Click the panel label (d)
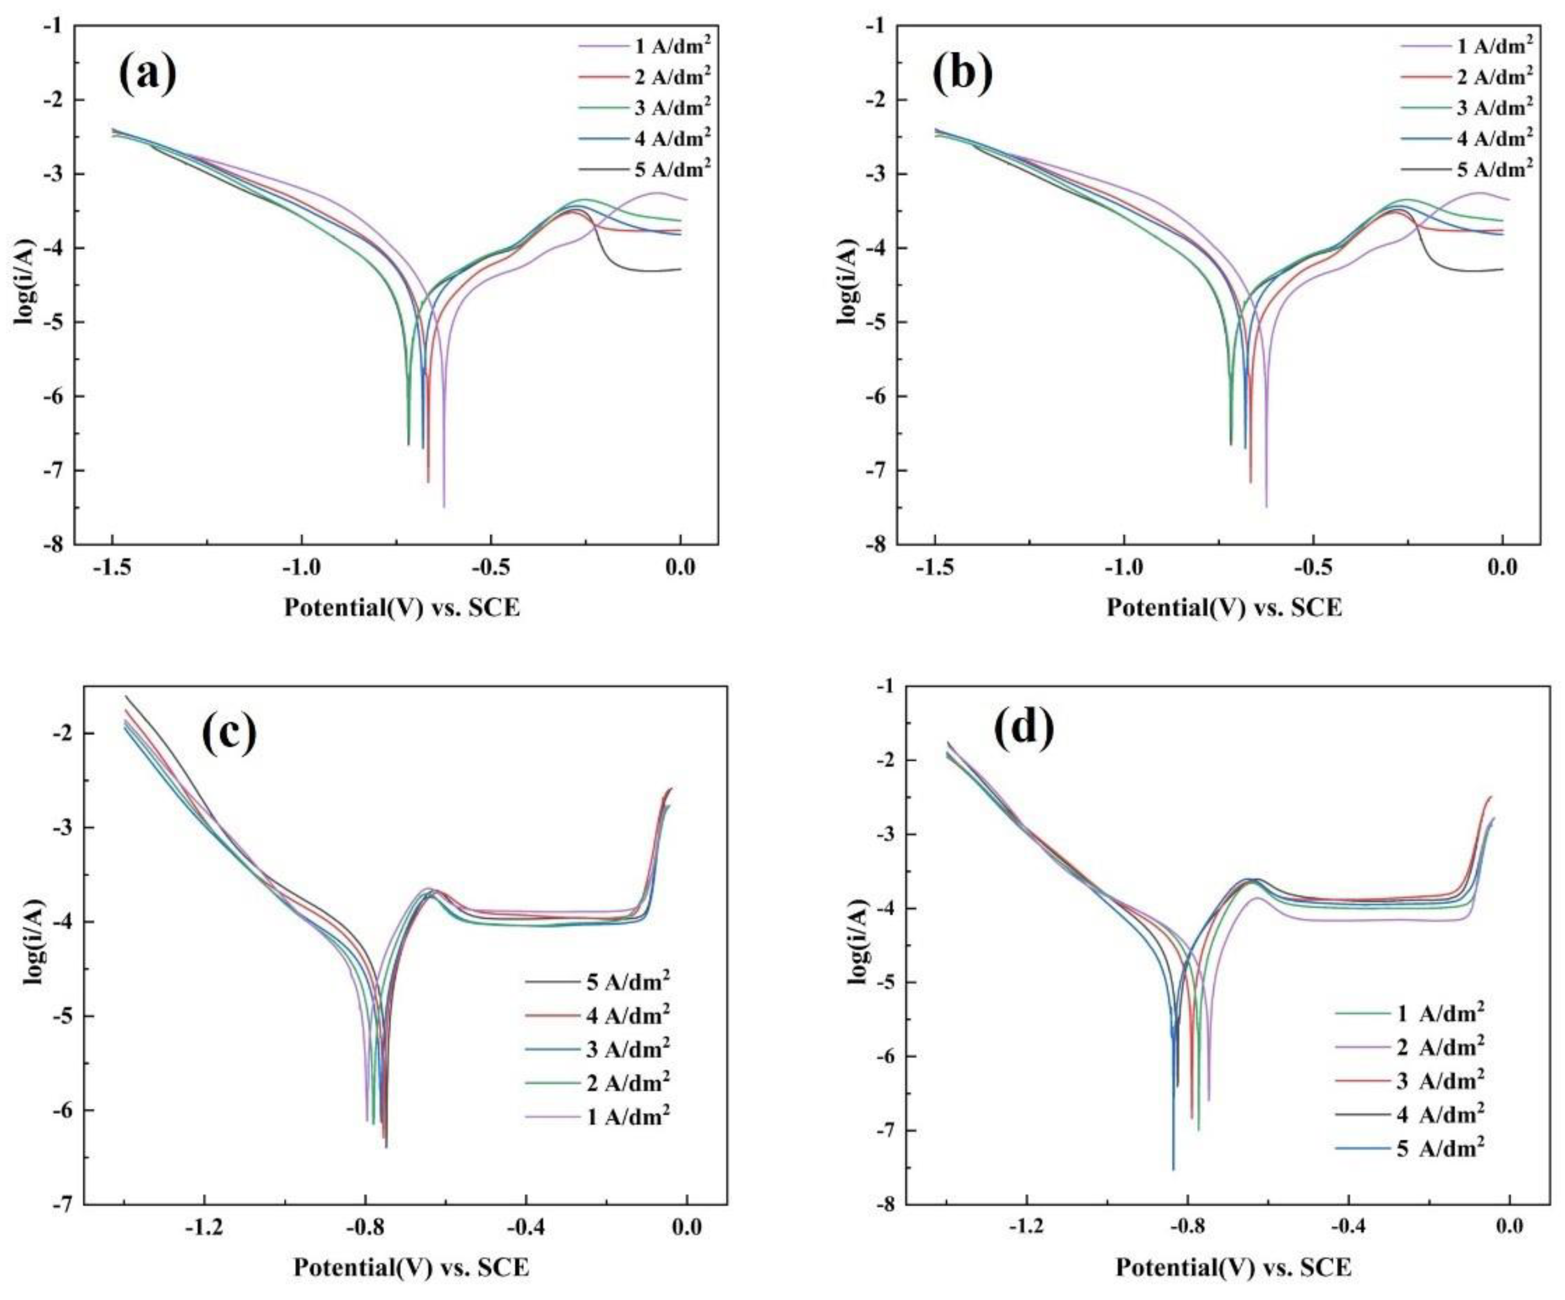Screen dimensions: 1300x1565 click(x=1024, y=727)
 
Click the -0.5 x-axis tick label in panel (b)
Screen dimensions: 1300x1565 click(x=1313, y=568)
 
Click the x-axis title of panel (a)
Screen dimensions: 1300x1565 click(x=402, y=607)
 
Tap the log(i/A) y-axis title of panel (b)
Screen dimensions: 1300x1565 click(x=848, y=282)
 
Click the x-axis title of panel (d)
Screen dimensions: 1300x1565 click(x=1233, y=1267)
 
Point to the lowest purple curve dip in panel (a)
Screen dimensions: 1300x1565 click(x=444, y=506)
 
